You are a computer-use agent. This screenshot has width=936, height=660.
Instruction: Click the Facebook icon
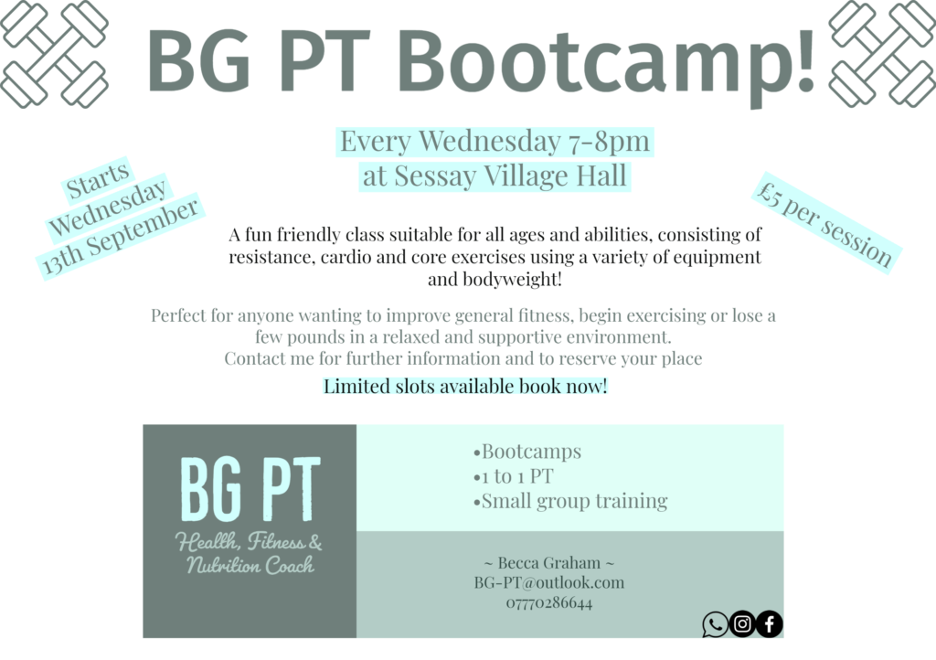[x=770, y=624]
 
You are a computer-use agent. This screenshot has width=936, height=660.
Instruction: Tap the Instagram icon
[x=742, y=624]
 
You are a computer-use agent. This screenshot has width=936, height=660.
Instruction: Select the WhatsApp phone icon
[x=715, y=624]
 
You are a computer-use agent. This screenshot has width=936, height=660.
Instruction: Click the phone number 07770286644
[x=549, y=602]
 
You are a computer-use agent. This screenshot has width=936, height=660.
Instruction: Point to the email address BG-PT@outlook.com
[x=549, y=582]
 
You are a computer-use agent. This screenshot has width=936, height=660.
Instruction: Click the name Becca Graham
[x=549, y=563]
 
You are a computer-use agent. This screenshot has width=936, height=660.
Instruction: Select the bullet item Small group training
[x=570, y=501]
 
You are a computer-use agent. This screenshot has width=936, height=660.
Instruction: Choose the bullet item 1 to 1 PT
[x=514, y=476]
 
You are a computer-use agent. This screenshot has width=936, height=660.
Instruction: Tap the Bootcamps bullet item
[x=527, y=452]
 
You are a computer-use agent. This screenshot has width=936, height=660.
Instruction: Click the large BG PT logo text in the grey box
[x=250, y=489]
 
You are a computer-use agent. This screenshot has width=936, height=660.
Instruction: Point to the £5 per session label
[x=825, y=223]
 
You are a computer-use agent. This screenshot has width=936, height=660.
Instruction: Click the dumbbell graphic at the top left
[x=54, y=54]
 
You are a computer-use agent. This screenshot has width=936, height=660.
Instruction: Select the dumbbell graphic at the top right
[x=882, y=54]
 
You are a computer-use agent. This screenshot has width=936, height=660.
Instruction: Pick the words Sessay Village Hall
[x=510, y=176]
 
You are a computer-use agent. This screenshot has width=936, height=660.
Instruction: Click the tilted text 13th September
[x=121, y=237]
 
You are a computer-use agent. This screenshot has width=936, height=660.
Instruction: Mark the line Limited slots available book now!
[x=465, y=387]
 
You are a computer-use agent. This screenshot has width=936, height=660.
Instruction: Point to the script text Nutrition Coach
[x=250, y=565]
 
